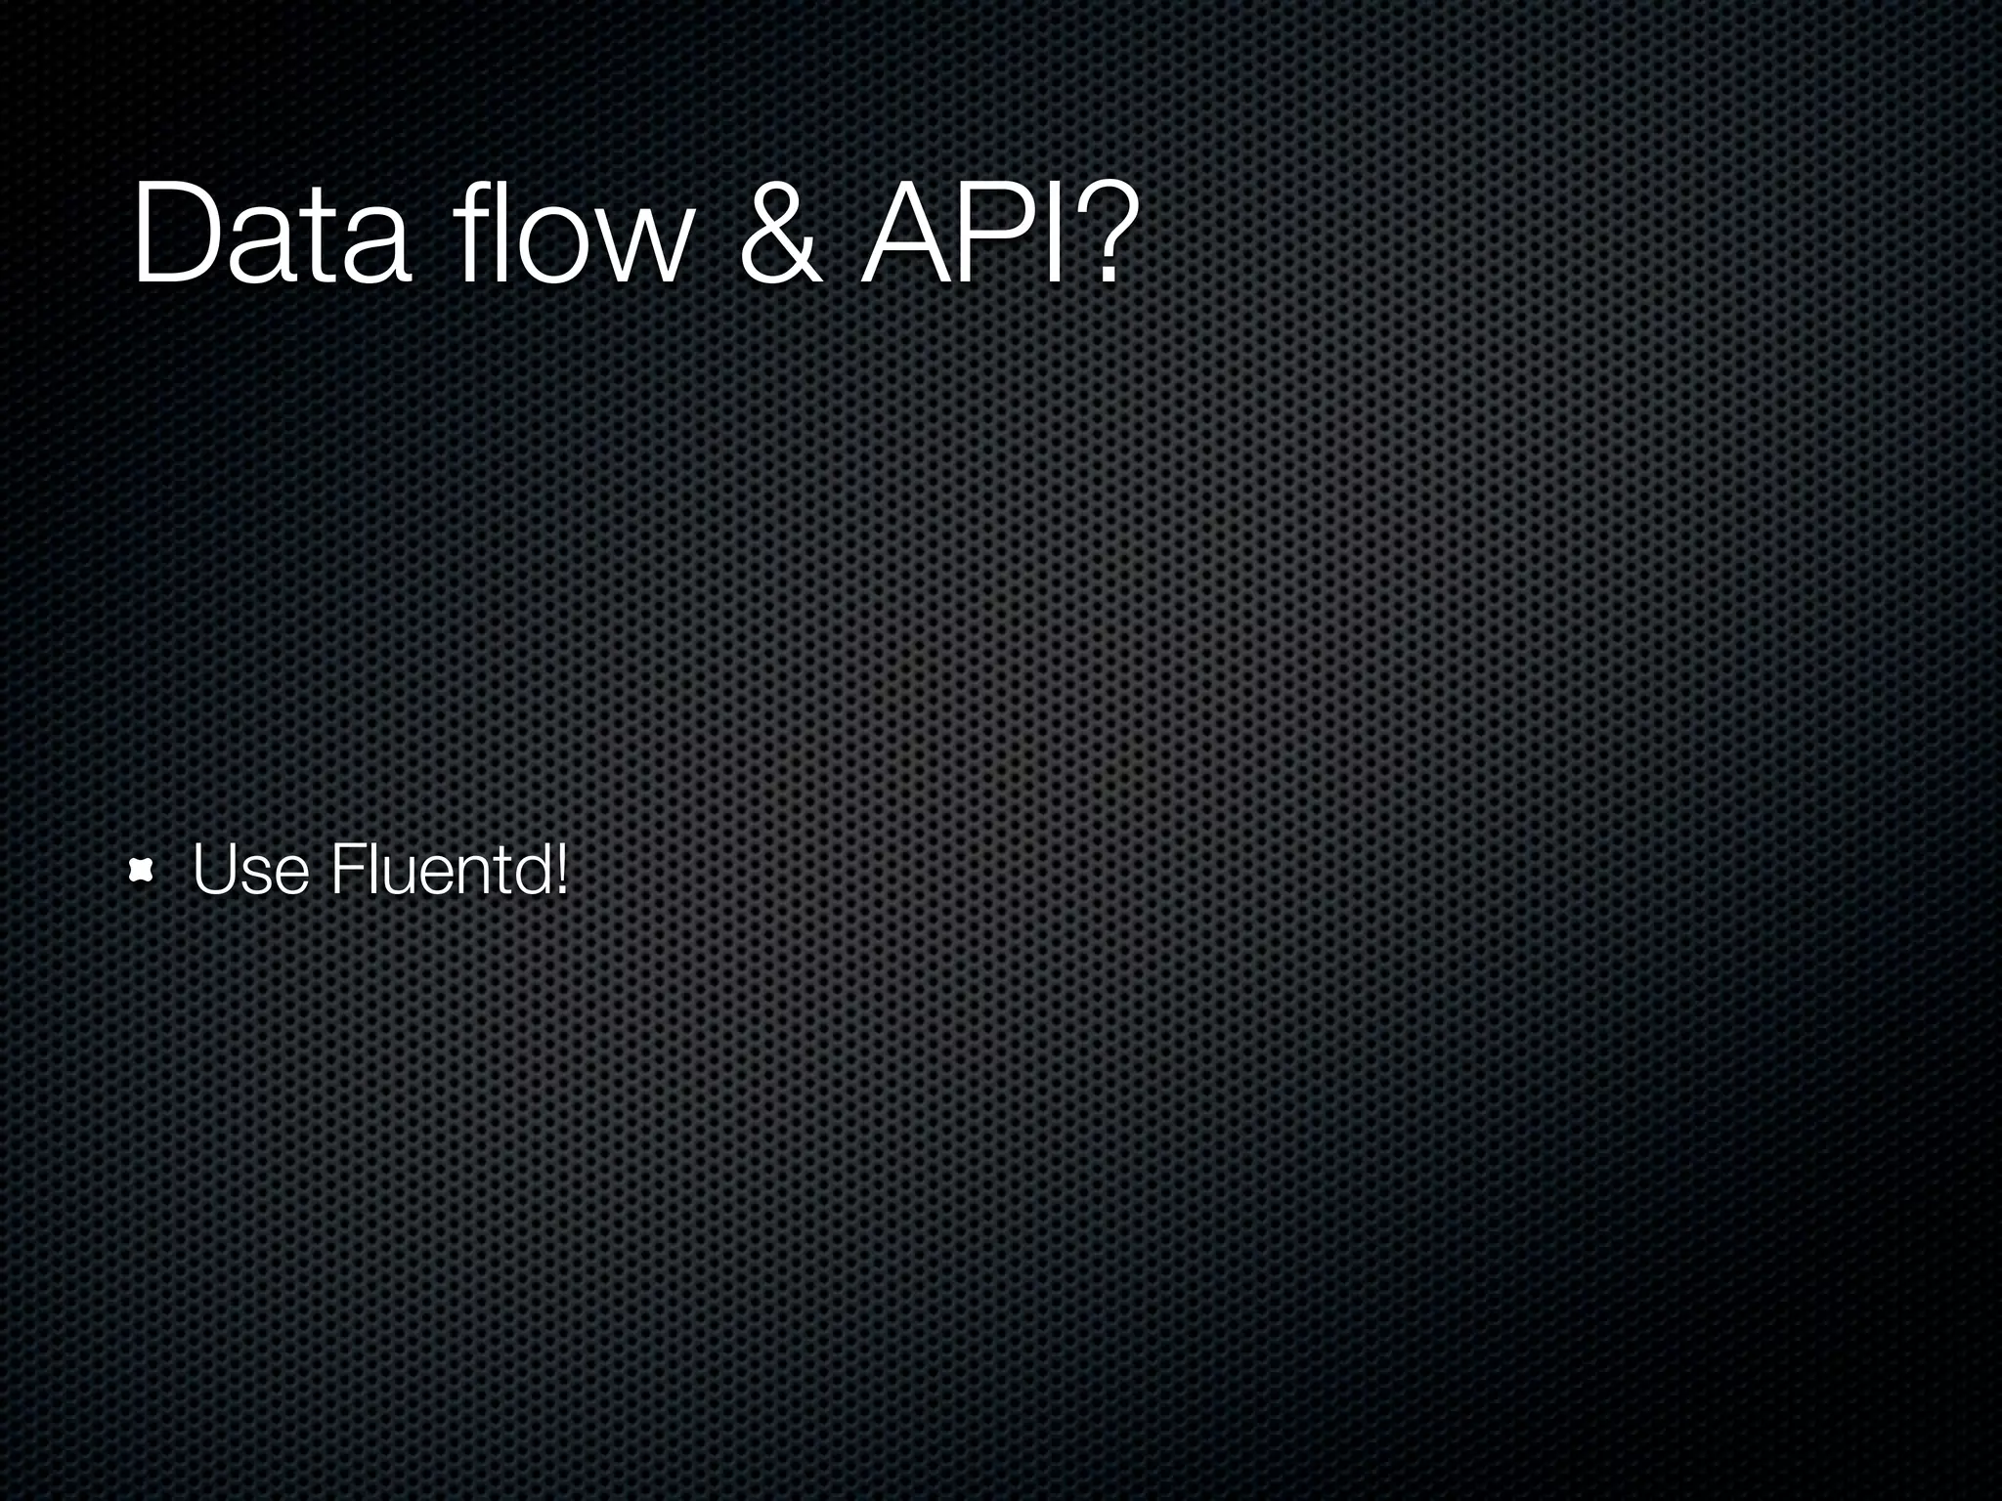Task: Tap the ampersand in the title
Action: tap(779, 235)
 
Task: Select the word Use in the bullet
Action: tap(250, 870)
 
